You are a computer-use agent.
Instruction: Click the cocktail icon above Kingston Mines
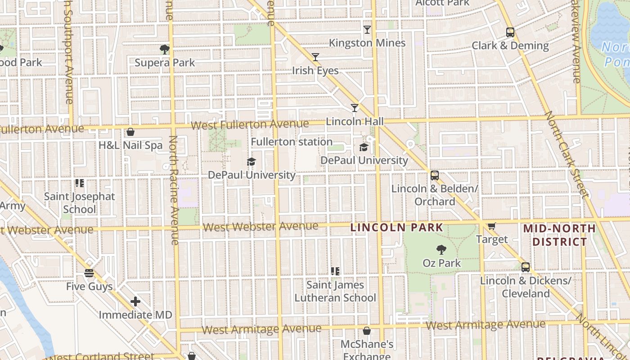[367, 30]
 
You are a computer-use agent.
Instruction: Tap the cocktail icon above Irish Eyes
[315, 57]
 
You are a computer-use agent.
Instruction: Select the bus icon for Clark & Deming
[510, 32]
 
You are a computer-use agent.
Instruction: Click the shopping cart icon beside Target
[491, 226]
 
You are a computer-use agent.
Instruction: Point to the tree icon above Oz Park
[441, 250]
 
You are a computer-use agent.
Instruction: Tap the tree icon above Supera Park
[165, 49]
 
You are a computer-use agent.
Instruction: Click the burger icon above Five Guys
[89, 273]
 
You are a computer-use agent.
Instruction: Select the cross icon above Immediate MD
[135, 301]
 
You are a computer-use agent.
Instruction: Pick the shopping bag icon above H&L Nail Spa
[130, 132]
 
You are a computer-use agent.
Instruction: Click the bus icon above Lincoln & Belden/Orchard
[434, 175]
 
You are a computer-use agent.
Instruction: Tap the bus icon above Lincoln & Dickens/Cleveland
[525, 267]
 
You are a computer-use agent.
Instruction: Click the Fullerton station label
[292, 142]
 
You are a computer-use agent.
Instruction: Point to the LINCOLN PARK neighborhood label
[397, 228]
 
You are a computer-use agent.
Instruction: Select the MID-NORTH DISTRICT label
[559, 235]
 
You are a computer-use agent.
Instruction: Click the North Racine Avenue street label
[174, 190]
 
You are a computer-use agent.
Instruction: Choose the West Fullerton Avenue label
[249, 125]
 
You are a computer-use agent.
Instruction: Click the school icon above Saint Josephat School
[80, 183]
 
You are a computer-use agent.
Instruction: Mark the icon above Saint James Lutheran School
[335, 271]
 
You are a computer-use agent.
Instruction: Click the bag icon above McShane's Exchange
[367, 331]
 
